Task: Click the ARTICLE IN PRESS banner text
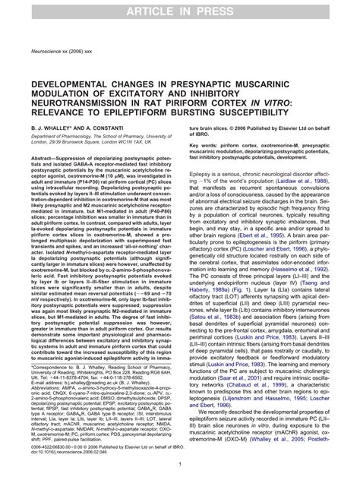pyautogui.click(x=180, y=10)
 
